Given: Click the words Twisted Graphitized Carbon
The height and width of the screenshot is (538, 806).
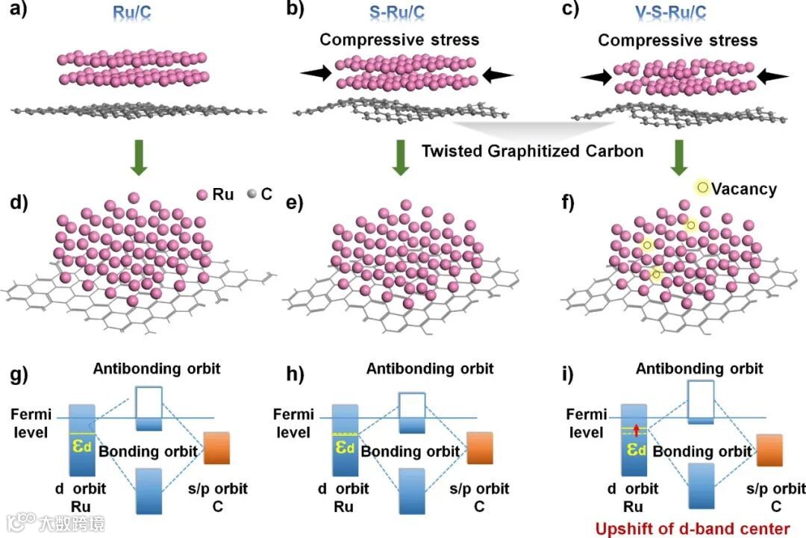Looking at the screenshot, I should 532,151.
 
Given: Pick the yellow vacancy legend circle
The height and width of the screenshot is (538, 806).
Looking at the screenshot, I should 702,187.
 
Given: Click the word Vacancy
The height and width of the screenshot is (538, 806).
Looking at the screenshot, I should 744,189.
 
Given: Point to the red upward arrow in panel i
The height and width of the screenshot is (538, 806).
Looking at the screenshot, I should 634,430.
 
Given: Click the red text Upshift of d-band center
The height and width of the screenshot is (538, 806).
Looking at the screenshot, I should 691,529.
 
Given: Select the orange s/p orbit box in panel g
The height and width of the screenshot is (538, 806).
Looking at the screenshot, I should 216,447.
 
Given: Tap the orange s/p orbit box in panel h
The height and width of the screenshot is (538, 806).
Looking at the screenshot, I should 480,448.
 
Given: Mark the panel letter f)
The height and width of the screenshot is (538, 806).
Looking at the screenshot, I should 575,202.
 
